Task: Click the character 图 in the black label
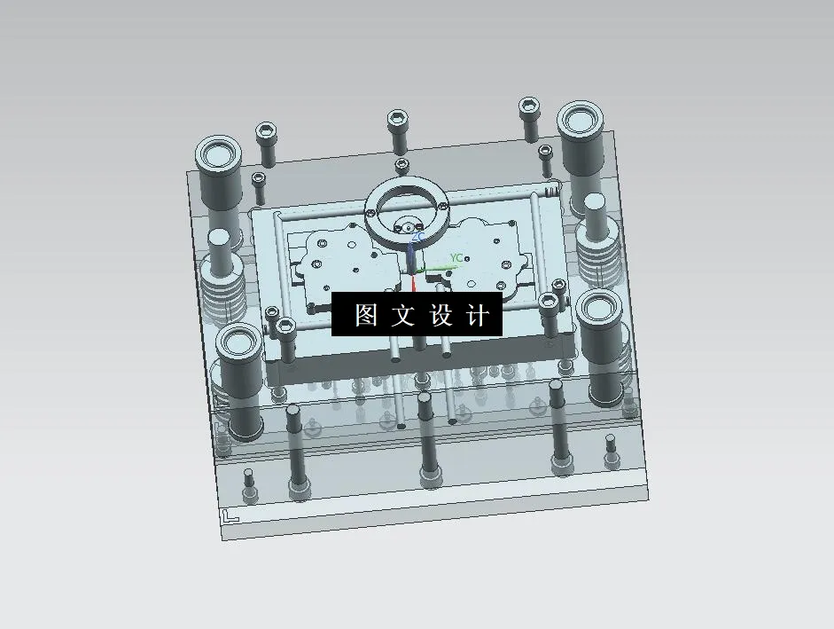(366, 315)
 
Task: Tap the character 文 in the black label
(404, 315)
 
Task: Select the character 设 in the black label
(441, 315)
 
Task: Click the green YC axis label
(456, 258)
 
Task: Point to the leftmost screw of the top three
(266, 142)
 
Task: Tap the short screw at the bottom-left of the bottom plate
(250, 483)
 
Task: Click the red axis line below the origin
(414, 283)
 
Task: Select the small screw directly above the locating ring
(401, 165)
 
